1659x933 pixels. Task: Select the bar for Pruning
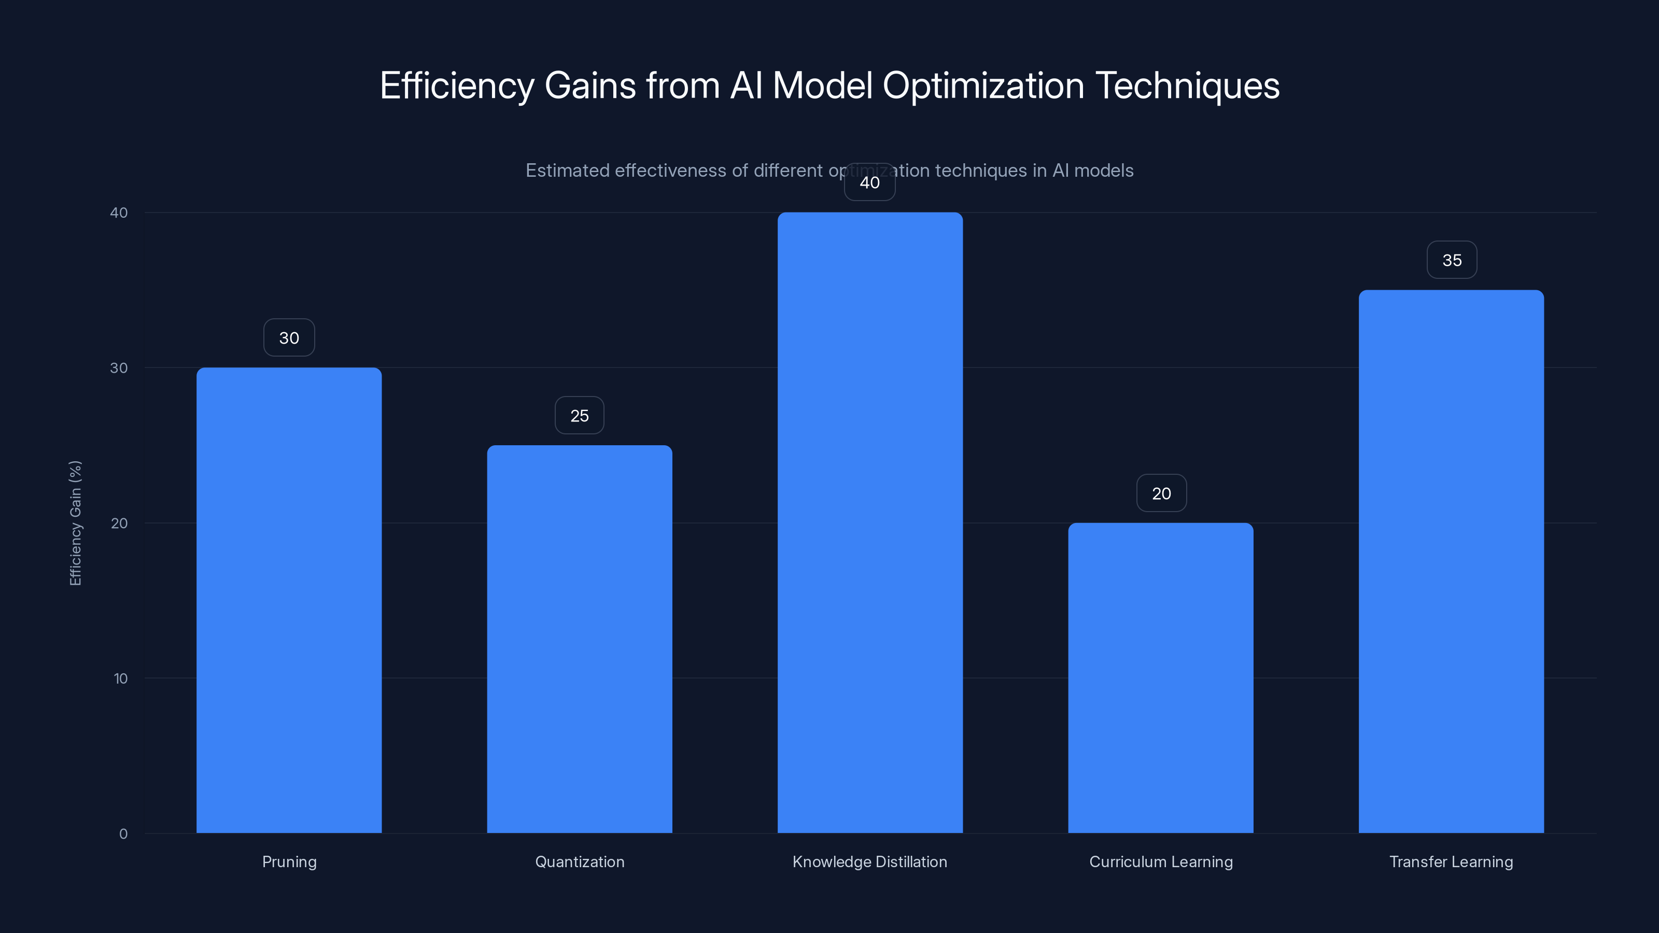(289, 600)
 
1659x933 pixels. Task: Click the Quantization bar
(579, 639)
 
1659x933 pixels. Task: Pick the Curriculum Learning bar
(1161, 677)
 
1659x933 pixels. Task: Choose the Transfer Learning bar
(1451, 561)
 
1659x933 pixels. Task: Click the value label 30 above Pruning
(289, 337)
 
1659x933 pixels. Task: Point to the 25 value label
(579, 415)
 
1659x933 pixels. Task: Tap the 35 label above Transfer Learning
(1452, 260)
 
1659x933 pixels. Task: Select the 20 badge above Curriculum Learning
(1161, 493)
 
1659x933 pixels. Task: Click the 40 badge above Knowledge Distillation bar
(869, 182)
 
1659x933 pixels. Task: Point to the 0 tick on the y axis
(123, 834)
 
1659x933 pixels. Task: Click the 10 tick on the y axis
(120, 678)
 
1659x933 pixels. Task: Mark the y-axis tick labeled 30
(119, 367)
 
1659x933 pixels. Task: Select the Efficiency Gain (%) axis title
(75, 523)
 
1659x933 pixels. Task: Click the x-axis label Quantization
(580, 861)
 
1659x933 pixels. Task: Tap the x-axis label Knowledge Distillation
(869, 861)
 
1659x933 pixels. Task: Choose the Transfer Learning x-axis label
(1451, 861)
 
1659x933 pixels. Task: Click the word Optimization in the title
(983, 86)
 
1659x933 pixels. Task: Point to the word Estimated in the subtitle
(567, 171)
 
